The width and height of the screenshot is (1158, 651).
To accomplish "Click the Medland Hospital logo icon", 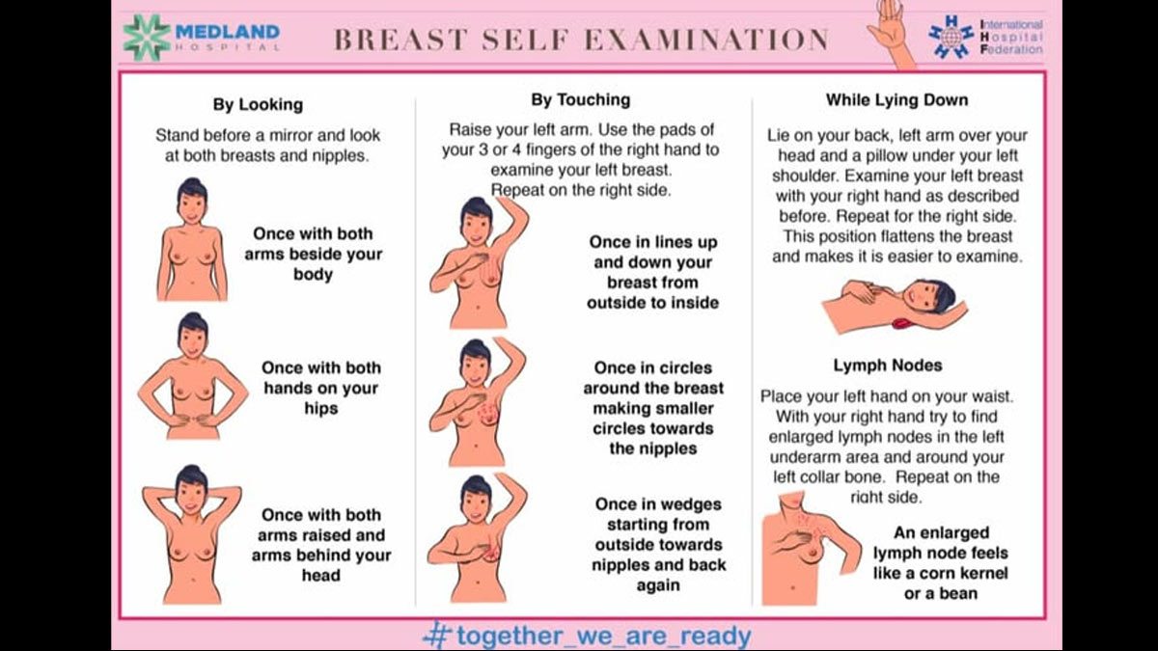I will tap(147, 37).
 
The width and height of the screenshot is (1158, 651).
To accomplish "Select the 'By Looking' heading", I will tap(258, 104).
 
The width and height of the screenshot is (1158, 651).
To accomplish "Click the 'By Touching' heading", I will tap(580, 99).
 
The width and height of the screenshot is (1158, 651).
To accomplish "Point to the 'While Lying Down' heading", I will tap(896, 99).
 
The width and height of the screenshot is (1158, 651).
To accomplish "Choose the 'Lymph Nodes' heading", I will tap(888, 366).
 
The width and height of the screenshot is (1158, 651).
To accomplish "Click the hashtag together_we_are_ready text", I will tap(588, 636).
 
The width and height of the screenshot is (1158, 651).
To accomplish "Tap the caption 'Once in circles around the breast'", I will tap(653, 408).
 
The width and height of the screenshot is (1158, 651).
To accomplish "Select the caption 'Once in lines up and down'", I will tap(653, 272).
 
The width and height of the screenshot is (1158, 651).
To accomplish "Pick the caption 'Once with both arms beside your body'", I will tap(313, 254).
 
